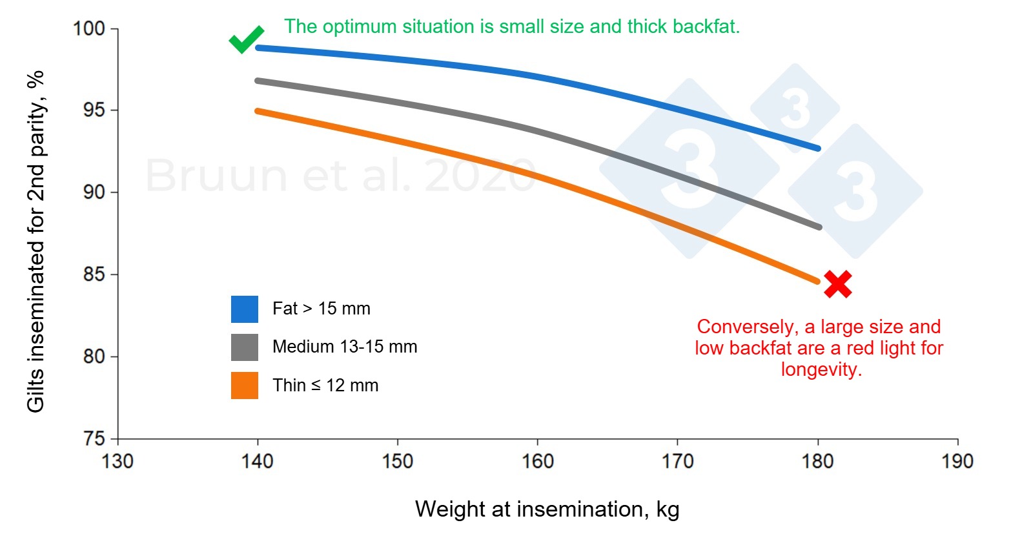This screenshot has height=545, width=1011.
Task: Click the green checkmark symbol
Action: (x=245, y=40)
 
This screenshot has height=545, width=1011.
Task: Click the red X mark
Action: (x=837, y=284)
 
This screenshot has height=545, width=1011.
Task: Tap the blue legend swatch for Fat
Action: (x=245, y=309)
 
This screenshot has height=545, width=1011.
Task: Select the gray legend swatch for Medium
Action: (x=245, y=347)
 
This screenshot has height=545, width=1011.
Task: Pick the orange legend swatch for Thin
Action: (x=245, y=386)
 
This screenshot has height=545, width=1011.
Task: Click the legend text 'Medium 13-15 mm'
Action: (x=345, y=347)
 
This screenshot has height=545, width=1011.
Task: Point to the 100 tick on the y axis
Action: (x=89, y=29)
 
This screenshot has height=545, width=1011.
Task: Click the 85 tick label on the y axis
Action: (x=93, y=274)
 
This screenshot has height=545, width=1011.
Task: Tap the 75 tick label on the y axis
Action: (x=93, y=439)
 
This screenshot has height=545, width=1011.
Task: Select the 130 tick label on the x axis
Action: (x=117, y=461)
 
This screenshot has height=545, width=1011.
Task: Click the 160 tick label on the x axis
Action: (x=537, y=461)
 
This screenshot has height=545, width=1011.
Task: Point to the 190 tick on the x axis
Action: (x=957, y=461)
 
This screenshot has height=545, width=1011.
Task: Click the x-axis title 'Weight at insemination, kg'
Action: (x=547, y=509)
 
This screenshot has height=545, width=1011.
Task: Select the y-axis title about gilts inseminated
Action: (x=36, y=241)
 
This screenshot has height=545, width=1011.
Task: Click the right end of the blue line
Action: (x=818, y=149)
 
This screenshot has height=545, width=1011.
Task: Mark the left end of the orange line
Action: (x=258, y=111)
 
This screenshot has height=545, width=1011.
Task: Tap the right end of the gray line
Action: (x=819, y=227)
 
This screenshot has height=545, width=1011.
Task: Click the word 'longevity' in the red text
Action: (x=819, y=369)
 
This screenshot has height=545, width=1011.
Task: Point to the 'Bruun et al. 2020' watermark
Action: (x=340, y=176)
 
